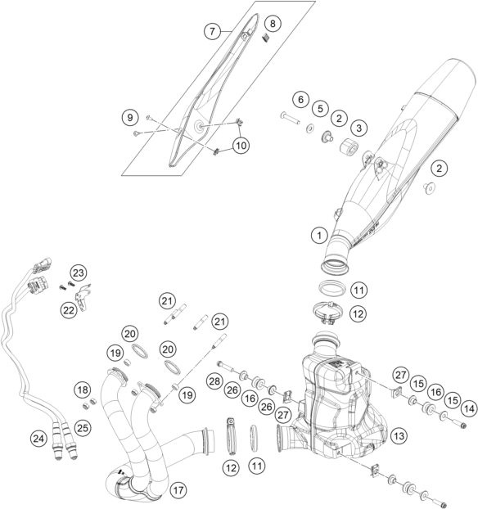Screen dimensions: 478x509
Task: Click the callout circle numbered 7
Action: (x=212, y=31)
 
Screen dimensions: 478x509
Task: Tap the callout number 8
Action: (x=273, y=24)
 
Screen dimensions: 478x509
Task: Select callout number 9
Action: (x=130, y=117)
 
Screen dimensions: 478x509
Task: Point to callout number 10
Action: (x=241, y=146)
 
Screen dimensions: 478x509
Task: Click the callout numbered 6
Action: (x=300, y=99)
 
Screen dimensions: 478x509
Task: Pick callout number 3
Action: (x=358, y=128)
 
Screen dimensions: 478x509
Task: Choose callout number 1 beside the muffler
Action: (x=319, y=235)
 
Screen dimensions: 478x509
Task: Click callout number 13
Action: (x=399, y=435)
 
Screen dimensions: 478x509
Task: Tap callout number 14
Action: (x=469, y=408)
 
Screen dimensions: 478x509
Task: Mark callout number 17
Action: (x=178, y=490)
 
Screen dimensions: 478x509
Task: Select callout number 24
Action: (x=38, y=439)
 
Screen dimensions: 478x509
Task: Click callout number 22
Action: (x=69, y=311)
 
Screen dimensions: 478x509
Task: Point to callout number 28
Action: (x=214, y=381)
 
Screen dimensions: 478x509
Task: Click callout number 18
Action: (x=83, y=390)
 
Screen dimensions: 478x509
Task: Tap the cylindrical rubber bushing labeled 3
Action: (x=349, y=146)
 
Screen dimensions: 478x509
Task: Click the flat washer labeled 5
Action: (x=310, y=128)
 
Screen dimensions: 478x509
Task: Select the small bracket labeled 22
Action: (x=83, y=297)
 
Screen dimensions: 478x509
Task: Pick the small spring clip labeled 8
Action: (x=266, y=38)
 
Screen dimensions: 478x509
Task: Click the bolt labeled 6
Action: (x=290, y=118)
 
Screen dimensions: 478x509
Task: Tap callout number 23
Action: (x=79, y=273)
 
